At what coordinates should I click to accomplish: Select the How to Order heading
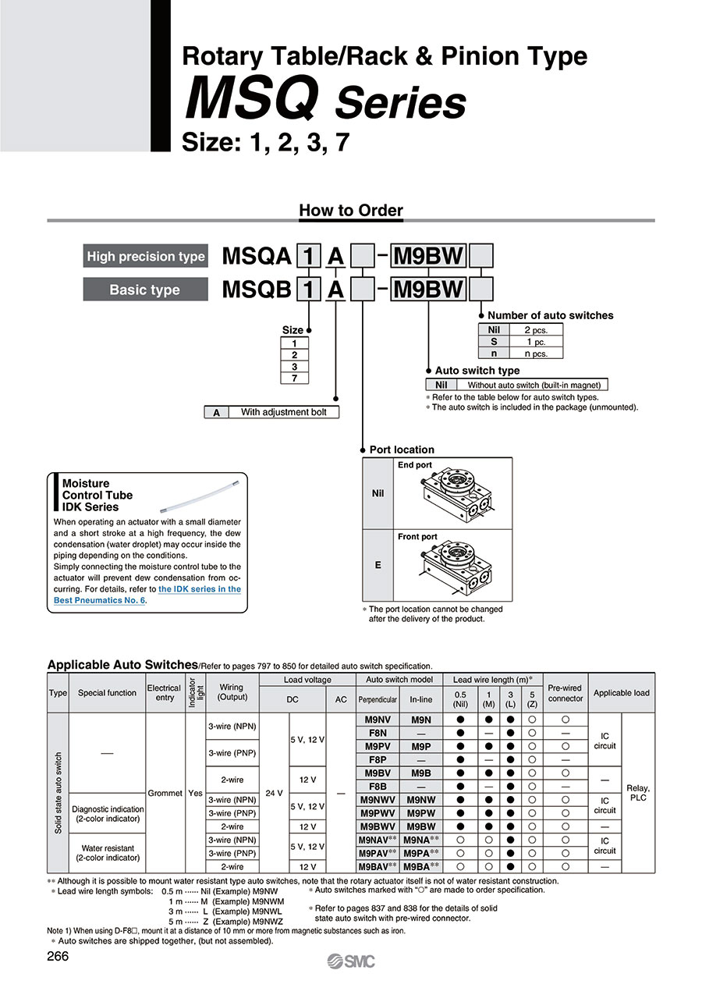point(351,210)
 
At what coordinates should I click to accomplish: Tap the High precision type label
point(146,257)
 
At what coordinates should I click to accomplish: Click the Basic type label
point(145,290)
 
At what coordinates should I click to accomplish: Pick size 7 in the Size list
point(294,378)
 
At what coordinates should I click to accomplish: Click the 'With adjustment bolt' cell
point(283,412)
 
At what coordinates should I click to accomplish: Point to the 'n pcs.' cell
point(535,354)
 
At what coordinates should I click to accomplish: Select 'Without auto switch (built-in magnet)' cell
point(536,385)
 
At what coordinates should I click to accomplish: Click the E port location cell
point(378,564)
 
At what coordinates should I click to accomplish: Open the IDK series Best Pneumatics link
point(147,595)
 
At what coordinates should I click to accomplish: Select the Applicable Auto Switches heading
point(122,665)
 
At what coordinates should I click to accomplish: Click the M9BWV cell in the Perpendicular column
point(378,826)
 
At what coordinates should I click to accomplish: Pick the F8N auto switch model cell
point(378,733)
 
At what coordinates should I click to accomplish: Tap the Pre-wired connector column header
point(565,693)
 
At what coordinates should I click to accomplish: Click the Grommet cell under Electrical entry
point(165,793)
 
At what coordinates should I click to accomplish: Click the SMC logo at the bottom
point(351,961)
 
